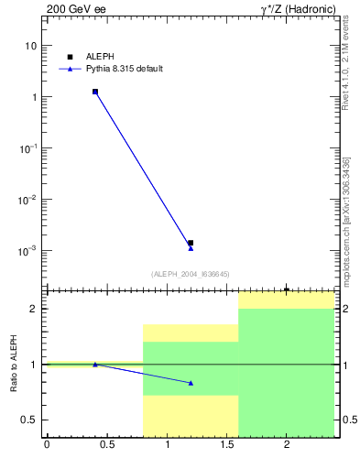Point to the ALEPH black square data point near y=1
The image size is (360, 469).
point(95,92)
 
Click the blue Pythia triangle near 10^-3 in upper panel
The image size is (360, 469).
point(191,248)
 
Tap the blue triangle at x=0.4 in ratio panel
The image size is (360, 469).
point(95,365)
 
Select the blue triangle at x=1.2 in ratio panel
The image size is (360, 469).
point(191,383)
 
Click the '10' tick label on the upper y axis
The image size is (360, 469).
point(31,46)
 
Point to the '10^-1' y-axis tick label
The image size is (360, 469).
point(28,147)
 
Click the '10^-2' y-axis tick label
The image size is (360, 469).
point(28,199)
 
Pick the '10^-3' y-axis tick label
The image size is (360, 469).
point(28,250)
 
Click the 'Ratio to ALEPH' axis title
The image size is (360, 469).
point(14,365)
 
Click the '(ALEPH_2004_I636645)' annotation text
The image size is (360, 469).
point(191,274)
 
